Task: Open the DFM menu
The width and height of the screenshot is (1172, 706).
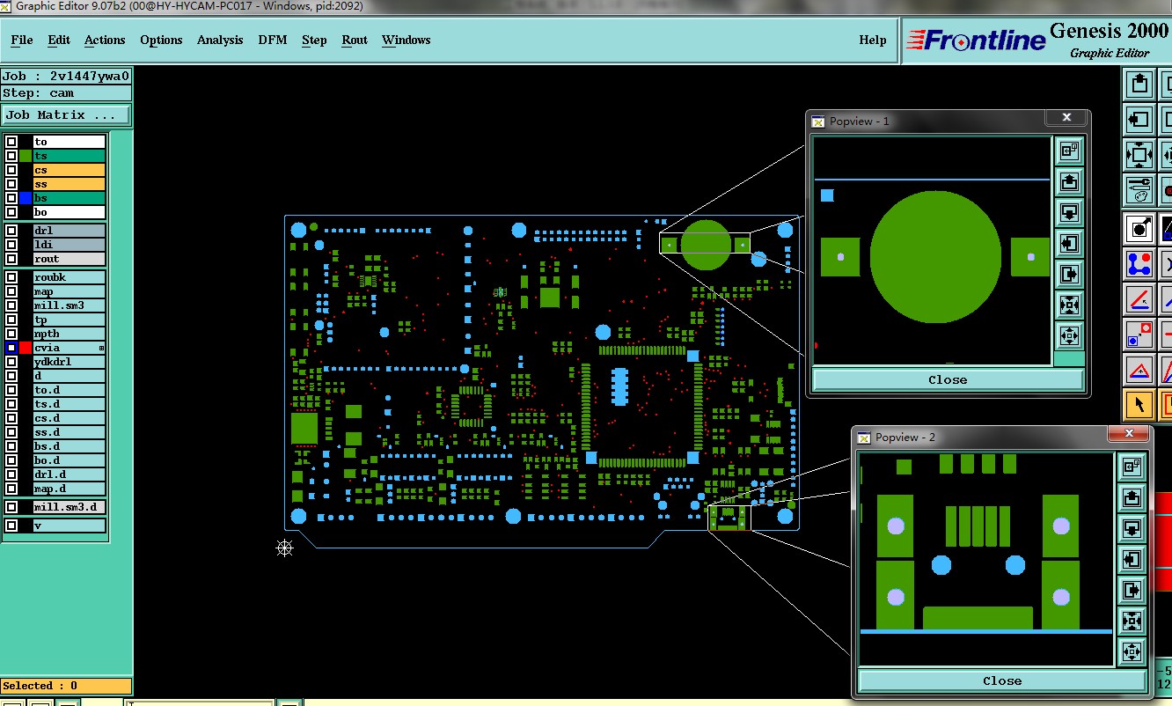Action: [272, 40]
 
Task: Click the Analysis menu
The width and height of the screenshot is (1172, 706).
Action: [220, 40]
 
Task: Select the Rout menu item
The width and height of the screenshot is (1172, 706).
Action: [355, 40]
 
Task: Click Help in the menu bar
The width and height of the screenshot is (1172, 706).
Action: [872, 40]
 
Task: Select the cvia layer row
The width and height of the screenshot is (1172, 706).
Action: [69, 348]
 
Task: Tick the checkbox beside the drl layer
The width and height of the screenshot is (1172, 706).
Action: [11, 231]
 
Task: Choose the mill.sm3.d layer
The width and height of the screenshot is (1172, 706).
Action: [69, 507]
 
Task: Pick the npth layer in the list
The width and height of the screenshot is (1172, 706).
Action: [69, 334]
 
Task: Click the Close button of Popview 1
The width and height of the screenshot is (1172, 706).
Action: [948, 379]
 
